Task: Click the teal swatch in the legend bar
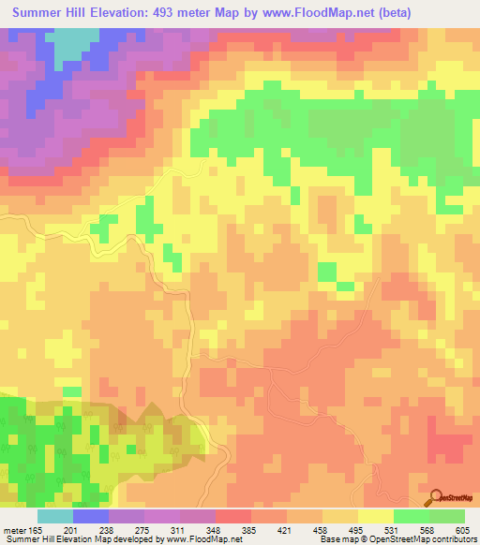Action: coord(55,516)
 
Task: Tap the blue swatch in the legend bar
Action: coord(91,516)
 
